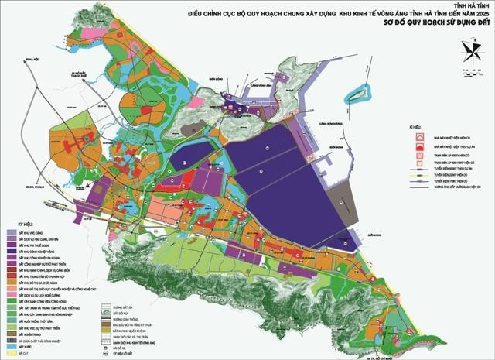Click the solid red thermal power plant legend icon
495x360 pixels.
[420, 135]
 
